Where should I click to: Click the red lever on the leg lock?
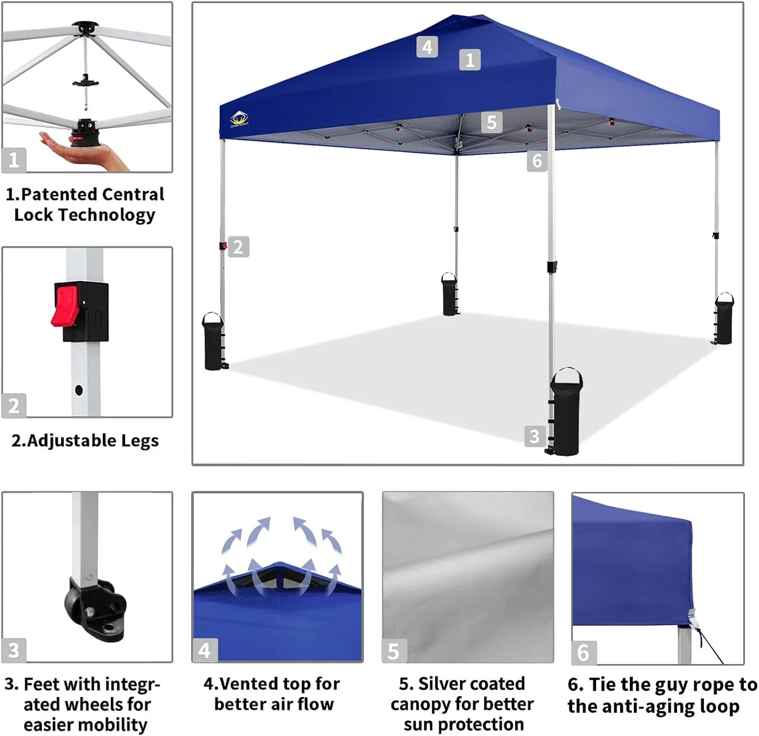(65, 306)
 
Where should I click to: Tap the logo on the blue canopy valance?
(239, 120)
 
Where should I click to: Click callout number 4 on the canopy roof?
(427, 47)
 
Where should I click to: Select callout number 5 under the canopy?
(492, 122)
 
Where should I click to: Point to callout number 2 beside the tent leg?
(238, 247)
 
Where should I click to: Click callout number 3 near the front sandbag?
(534, 436)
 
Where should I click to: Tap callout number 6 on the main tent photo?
(537, 161)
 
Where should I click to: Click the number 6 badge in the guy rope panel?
(583, 652)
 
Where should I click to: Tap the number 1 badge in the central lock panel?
(14, 160)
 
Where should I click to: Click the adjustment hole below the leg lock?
(79, 390)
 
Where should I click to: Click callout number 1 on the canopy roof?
(470, 60)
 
